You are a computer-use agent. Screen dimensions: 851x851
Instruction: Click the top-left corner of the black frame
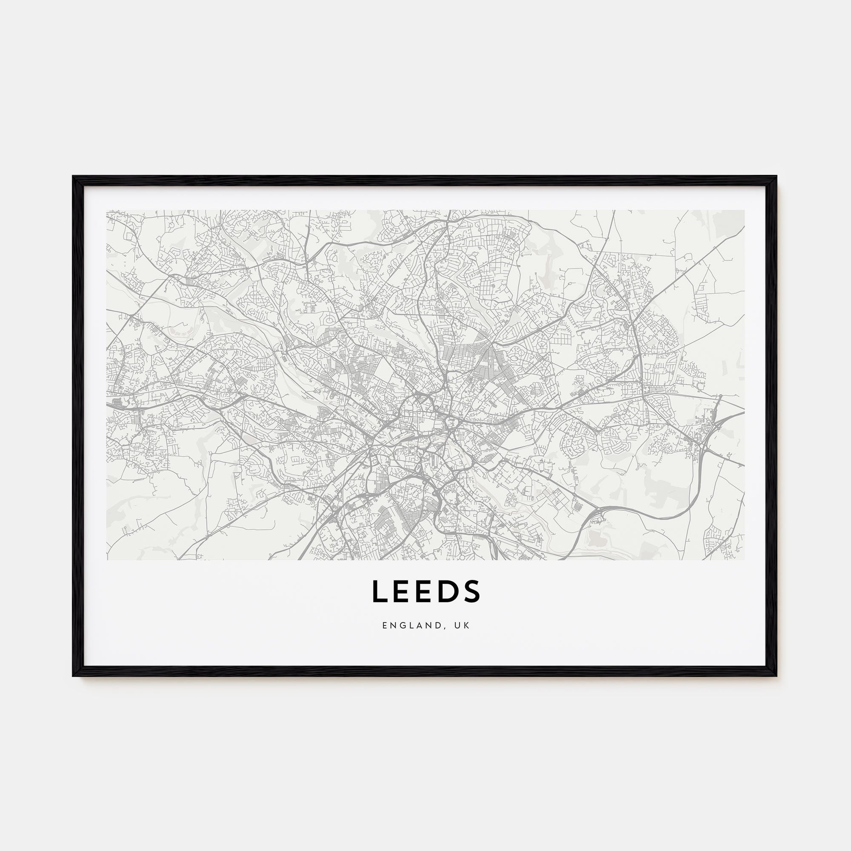pos(73,177)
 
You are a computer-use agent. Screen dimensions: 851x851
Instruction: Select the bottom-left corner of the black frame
pos(73,676)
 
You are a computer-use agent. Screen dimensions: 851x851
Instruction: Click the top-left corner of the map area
pos(107,210)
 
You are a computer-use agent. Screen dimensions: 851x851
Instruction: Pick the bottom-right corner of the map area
pos(744,560)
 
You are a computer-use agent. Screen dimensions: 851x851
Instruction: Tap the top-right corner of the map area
pos(744,210)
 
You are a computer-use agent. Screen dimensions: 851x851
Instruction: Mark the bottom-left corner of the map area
pos(107,560)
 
